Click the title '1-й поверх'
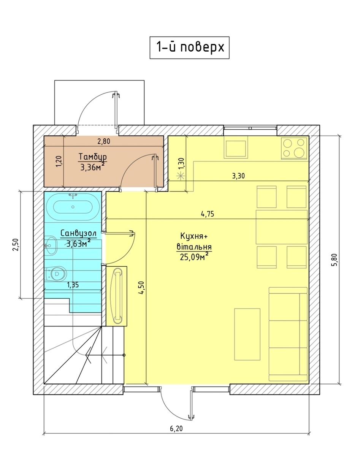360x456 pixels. [189, 47]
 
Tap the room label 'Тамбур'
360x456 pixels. [92, 157]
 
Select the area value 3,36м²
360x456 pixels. [92, 167]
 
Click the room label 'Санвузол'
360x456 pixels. [78, 233]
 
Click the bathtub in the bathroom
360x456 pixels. [72, 207]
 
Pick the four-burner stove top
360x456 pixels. [294, 148]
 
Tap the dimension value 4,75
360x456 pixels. [208, 214]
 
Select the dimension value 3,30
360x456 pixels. [238, 176]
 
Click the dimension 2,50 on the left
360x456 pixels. [15, 245]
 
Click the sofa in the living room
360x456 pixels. [288, 334]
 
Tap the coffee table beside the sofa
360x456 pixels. [247, 334]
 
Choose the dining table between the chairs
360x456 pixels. [282, 227]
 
